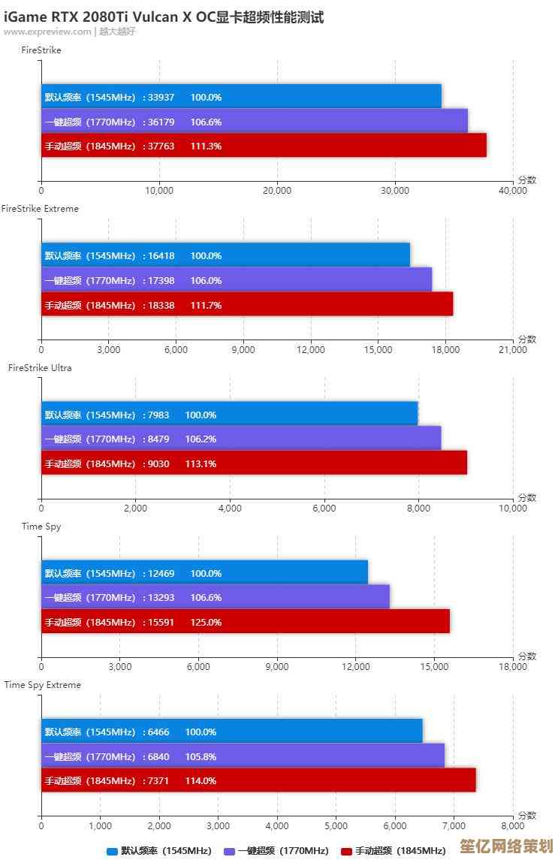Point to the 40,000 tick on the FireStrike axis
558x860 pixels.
[514, 191]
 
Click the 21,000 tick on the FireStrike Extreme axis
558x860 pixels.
[514, 349]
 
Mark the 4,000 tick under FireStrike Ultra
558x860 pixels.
[230, 508]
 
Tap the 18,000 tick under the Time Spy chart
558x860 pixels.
[514, 667]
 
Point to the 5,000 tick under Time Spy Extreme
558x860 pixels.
[336, 825]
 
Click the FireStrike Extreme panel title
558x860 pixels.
[40, 209]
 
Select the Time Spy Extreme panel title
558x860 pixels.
[43, 685]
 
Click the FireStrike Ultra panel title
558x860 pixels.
[40, 368]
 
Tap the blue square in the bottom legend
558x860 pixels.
[113, 851]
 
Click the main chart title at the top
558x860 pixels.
[164, 17]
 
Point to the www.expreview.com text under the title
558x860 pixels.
[47, 32]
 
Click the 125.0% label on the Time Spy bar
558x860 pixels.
[207, 622]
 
